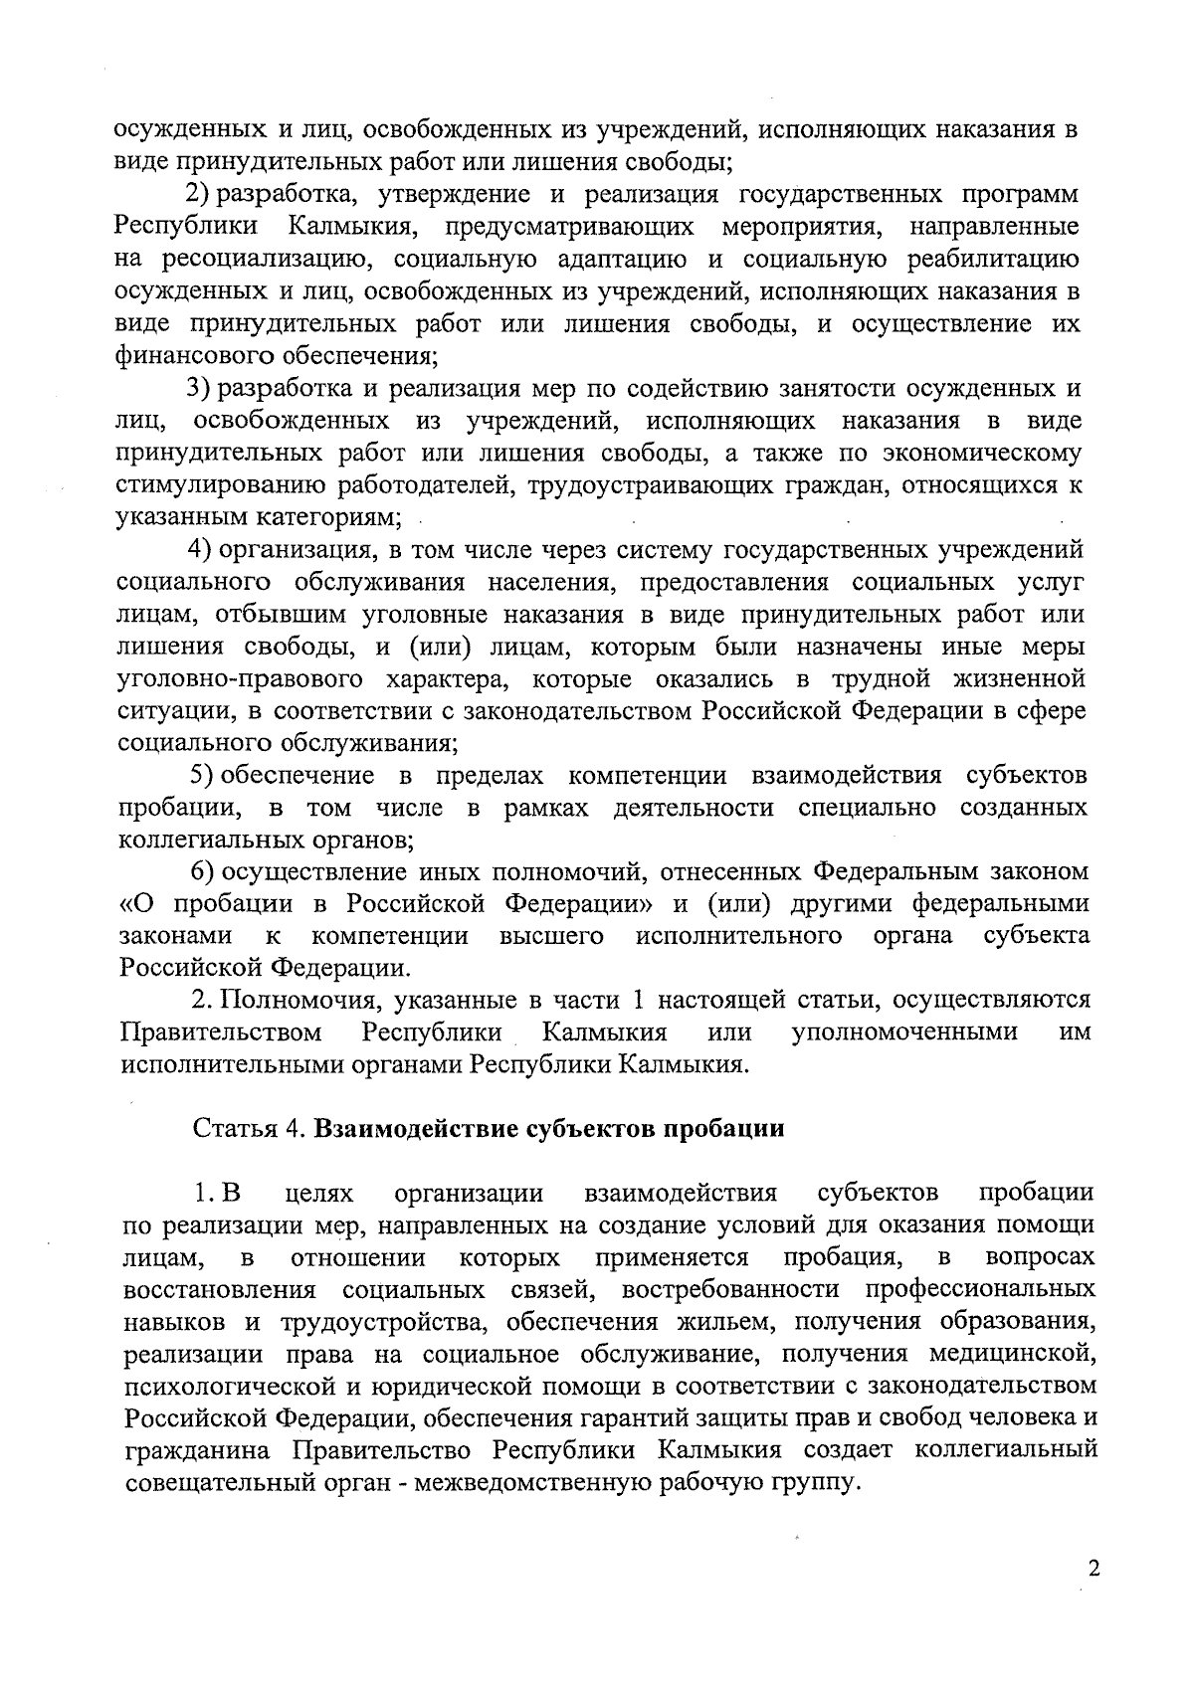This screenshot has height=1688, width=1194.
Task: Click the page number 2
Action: coord(1094,1571)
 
